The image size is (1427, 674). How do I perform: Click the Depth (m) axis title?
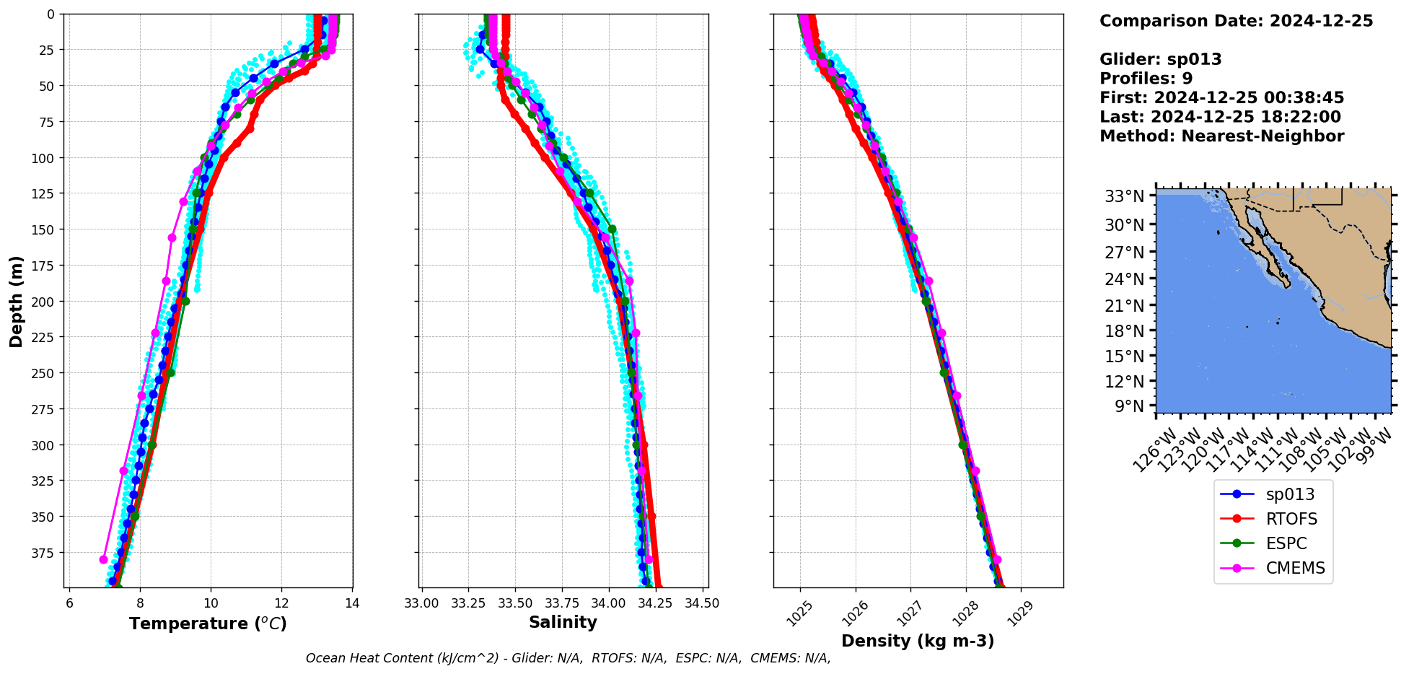16,301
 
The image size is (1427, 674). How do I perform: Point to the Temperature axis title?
208,623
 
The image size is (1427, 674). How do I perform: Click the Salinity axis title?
563,622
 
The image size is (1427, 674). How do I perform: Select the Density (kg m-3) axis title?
918,641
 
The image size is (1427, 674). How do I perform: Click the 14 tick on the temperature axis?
352,603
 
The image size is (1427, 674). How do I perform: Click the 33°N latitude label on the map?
1124,196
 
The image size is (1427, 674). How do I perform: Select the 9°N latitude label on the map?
1129,406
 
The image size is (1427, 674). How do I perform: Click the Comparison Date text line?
1236,21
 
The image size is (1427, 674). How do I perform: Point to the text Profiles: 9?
1146,79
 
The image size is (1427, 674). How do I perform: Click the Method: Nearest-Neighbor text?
1221,136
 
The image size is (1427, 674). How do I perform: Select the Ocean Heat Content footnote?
568,658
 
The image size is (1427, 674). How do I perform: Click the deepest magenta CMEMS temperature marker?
103,559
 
